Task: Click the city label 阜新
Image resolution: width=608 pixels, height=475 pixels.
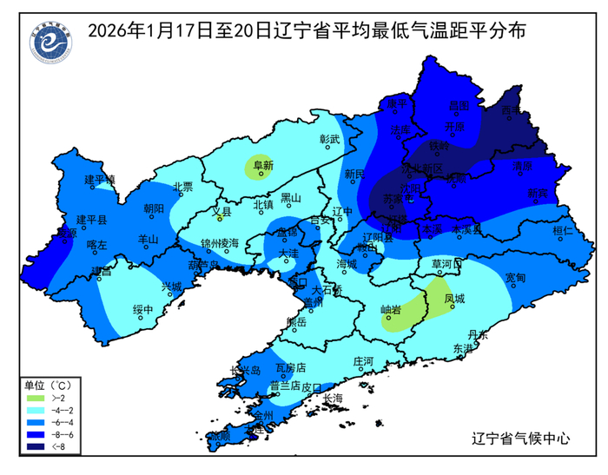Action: click(x=262, y=163)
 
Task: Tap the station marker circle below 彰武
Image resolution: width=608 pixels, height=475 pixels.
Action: click(x=327, y=148)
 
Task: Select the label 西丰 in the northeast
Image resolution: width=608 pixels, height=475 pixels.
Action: click(x=512, y=111)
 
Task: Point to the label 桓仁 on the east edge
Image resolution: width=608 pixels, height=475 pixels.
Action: click(x=563, y=231)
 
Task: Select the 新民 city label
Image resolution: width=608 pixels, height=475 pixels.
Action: click(x=354, y=174)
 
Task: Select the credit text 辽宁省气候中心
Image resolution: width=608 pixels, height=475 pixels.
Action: click(x=519, y=439)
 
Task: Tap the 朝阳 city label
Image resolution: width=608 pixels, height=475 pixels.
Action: click(x=153, y=208)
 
